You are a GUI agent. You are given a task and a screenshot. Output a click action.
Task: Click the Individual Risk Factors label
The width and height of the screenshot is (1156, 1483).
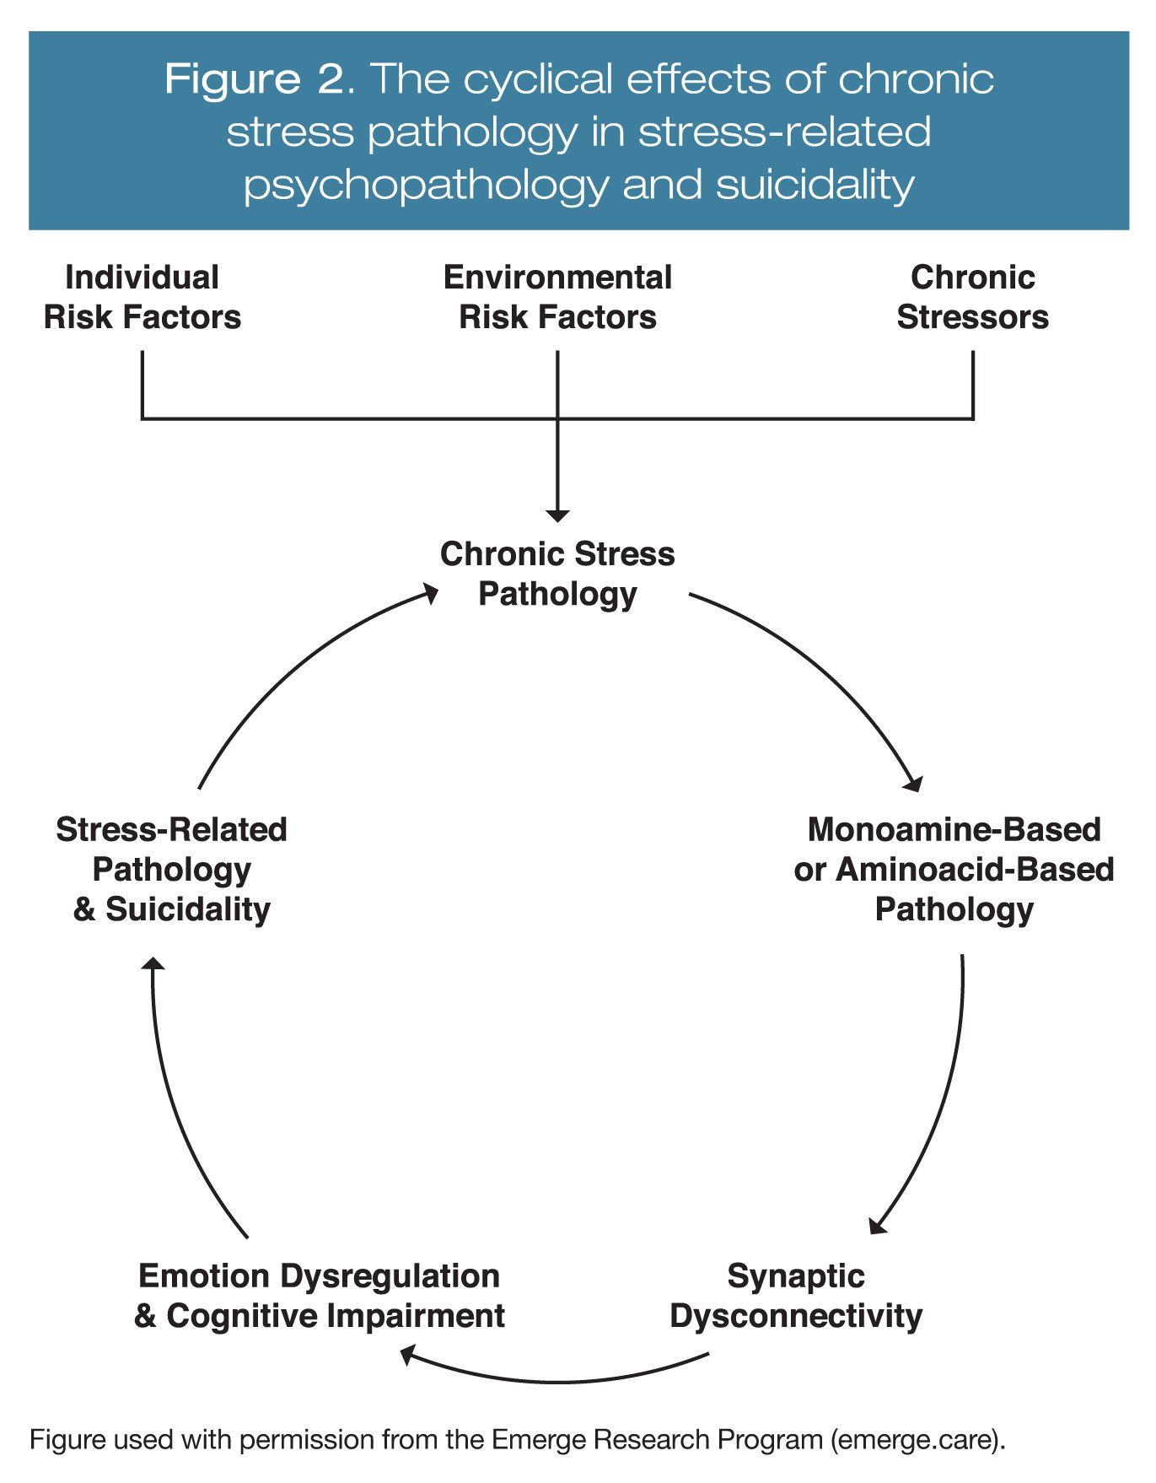[x=142, y=297]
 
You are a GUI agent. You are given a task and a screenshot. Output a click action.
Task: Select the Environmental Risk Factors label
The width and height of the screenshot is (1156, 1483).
[x=557, y=297]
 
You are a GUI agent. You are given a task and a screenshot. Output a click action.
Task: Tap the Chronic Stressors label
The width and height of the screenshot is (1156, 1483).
[x=972, y=297]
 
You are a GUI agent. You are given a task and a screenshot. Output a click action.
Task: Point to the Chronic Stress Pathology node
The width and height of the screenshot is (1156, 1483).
[x=557, y=574]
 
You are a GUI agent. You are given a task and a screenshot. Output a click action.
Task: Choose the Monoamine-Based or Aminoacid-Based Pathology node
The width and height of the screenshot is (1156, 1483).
[x=954, y=869]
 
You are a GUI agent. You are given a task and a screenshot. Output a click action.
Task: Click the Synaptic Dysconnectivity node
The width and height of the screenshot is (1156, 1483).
[x=796, y=1296]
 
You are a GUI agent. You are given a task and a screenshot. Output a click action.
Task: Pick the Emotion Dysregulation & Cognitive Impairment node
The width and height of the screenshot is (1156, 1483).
[x=320, y=1296]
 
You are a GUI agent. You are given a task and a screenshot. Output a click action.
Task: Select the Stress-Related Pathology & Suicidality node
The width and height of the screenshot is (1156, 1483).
[x=171, y=869]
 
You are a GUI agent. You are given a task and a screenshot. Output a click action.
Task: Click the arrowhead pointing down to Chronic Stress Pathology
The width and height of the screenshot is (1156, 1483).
[x=557, y=515]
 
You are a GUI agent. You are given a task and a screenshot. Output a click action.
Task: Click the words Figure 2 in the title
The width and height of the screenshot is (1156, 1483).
[x=254, y=79]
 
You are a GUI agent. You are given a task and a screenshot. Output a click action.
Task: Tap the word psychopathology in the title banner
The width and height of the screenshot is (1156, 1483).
[x=426, y=185]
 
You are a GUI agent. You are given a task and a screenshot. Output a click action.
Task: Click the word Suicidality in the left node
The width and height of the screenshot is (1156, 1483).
[x=187, y=909]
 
